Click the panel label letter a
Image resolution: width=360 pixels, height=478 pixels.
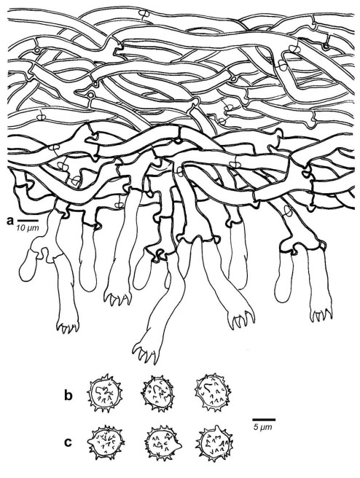click(x=9, y=220)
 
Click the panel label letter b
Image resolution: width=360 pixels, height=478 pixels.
click(x=69, y=396)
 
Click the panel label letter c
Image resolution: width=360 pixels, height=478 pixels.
click(x=69, y=442)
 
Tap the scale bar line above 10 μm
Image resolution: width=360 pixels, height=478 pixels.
click(x=27, y=220)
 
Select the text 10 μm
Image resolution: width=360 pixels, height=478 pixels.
click(x=28, y=228)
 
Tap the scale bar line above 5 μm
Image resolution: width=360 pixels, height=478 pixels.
click(x=264, y=420)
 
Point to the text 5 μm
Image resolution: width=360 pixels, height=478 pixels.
click(x=263, y=427)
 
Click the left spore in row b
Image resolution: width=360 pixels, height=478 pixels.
click(x=104, y=393)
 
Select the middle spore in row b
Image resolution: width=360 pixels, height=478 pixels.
click(x=158, y=392)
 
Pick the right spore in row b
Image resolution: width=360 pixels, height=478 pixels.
click(x=213, y=391)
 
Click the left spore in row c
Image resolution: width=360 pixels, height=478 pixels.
click(x=106, y=442)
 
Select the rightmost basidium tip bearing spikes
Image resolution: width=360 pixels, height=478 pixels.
click(x=321, y=314)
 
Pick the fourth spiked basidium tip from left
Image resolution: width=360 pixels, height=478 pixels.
click(x=242, y=318)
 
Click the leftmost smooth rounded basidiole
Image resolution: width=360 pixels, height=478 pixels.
click(x=28, y=265)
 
